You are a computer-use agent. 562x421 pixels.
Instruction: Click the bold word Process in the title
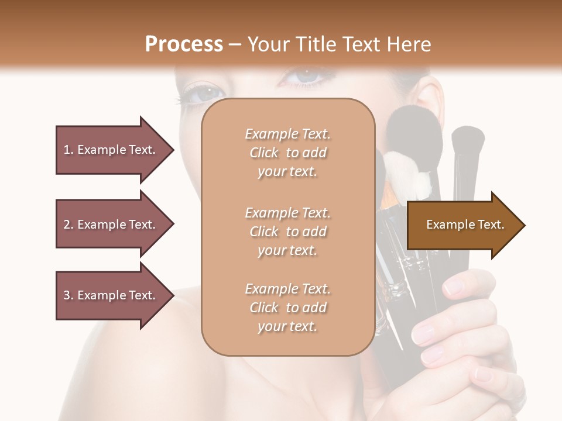click(x=184, y=44)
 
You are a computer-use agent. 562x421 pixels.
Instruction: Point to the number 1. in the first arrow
click(x=68, y=150)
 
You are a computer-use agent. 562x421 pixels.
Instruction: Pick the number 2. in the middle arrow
click(x=68, y=225)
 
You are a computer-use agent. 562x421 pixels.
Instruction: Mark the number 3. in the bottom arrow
click(x=68, y=295)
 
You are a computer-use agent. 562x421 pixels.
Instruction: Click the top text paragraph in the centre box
click(x=287, y=153)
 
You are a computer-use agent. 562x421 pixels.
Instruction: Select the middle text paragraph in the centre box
click(x=287, y=232)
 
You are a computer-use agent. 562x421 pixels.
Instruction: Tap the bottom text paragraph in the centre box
click(x=287, y=308)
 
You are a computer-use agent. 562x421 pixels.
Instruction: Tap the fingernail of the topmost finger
click(x=454, y=287)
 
